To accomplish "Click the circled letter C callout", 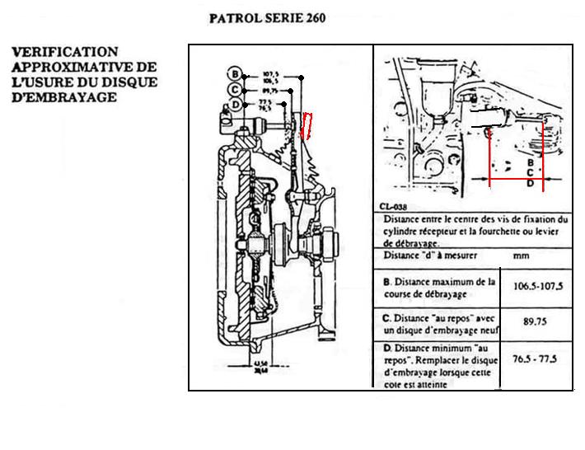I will coord(235,89).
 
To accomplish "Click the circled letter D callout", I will coord(237,105).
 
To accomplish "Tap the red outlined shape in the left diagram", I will coord(307,126).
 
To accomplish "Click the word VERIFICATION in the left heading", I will coord(64,52).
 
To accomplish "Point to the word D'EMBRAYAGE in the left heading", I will coord(63,96).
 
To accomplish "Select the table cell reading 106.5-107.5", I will coord(537,288).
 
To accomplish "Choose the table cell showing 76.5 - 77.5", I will coord(537,359).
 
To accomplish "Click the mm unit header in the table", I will coord(522,256).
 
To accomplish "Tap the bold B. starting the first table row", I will coord(387,282).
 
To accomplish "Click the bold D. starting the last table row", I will coord(387,349).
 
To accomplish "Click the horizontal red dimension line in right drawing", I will coord(524,180).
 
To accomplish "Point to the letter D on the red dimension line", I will coord(531,185).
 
